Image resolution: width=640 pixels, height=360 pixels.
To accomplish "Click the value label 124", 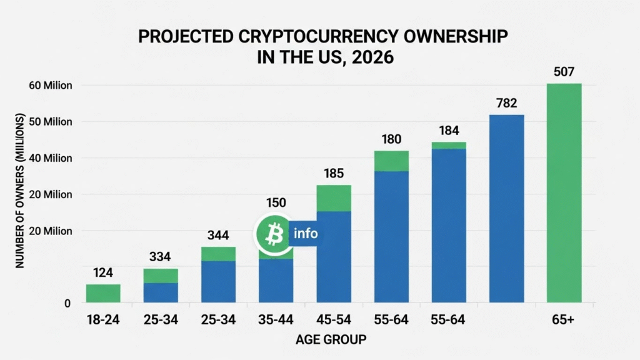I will pyautogui.click(x=102, y=272).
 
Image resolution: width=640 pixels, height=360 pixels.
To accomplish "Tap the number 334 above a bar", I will pyautogui.click(x=161, y=257).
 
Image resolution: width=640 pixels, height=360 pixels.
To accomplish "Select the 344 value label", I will pyautogui.click(x=218, y=236).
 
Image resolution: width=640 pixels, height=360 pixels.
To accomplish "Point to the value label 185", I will pyautogui.click(x=334, y=173).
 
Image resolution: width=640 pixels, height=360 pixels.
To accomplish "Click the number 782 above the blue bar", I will pyautogui.click(x=506, y=102).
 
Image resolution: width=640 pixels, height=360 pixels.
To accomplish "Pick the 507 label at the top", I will pyautogui.click(x=564, y=71).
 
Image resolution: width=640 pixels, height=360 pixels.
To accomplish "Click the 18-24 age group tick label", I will pyautogui.click(x=102, y=320).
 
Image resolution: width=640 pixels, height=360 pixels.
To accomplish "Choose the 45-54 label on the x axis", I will pyautogui.click(x=334, y=320).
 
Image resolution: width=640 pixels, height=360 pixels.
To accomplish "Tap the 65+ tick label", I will pyautogui.click(x=564, y=320).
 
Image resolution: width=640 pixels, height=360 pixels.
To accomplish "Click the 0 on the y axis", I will pyautogui.click(x=67, y=304).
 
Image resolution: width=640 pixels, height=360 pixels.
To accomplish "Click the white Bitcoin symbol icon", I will pyautogui.click(x=272, y=234).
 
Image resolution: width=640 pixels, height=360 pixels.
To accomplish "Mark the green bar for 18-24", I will pyautogui.click(x=102, y=293).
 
